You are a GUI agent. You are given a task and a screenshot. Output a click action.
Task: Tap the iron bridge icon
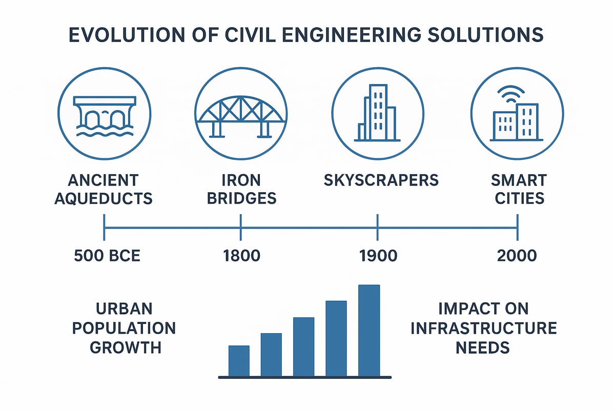coord(241,115)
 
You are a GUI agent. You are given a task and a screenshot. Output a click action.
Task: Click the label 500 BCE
coord(107,255)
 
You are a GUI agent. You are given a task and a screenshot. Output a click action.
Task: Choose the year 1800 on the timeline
coord(241,255)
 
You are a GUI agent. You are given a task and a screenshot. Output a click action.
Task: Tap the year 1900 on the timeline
coord(378,255)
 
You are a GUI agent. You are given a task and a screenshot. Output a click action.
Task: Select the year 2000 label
coord(517,255)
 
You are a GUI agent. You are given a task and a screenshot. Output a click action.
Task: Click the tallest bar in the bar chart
coord(369,331)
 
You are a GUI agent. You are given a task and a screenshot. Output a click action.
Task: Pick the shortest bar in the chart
coord(239,361)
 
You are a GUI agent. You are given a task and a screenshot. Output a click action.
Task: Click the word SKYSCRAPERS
coord(381,180)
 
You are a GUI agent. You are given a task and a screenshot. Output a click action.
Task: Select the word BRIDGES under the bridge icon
coord(241,198)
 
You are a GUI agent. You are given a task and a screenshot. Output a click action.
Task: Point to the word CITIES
coord(518,198)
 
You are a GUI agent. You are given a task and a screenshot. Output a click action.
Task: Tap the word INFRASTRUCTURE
coord(483,328)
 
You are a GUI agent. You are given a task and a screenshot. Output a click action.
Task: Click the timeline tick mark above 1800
coord(241,227)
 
